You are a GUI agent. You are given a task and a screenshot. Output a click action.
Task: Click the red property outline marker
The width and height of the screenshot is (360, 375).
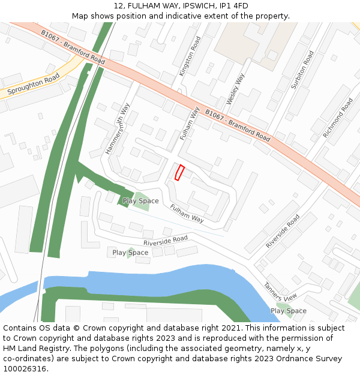click(179, 172)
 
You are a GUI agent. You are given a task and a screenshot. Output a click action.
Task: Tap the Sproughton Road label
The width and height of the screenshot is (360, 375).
click(34, 86)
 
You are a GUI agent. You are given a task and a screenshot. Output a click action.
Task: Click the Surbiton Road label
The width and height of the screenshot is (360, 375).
click(302, 70)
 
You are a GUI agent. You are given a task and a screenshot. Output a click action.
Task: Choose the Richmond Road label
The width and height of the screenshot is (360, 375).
click(338, 118)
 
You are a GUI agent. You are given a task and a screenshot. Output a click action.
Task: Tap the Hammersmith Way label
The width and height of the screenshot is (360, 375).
click(118, 128)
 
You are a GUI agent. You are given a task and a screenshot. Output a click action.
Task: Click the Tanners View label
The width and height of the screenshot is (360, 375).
click(281, 291)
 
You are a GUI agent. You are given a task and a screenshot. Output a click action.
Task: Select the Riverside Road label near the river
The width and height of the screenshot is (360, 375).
click(166, 241)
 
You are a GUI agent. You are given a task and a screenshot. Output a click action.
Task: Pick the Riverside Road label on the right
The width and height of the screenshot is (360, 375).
click(283, 231)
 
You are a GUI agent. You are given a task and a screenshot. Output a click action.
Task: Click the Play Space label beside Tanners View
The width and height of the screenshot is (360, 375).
click(288, 311)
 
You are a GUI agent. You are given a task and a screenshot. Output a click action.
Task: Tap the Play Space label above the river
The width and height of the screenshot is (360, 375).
click(130, 253)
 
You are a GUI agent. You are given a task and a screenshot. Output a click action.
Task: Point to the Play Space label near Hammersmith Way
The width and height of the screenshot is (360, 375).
click(140, 201)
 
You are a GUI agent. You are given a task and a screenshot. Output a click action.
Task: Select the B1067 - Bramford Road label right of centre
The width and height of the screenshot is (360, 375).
click(238, 125)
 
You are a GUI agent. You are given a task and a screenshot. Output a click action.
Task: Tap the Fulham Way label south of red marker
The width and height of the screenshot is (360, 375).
click(187, 214)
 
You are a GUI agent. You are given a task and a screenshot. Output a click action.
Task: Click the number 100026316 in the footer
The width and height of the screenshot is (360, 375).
click(25, 369)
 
